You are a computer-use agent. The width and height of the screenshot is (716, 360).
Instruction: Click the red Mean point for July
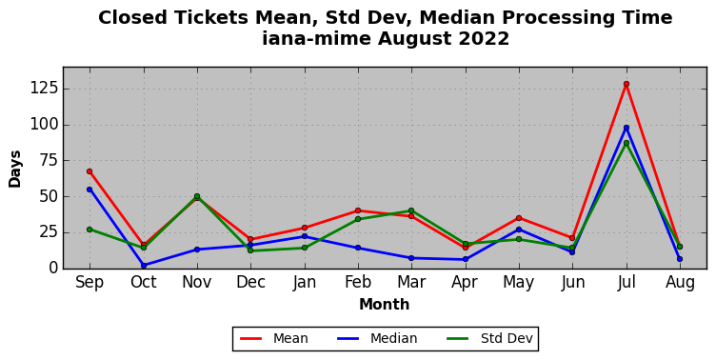[626, 84]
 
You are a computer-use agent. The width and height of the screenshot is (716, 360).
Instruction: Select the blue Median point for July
[626, 128]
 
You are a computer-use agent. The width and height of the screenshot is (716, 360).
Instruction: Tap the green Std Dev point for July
[626, 143]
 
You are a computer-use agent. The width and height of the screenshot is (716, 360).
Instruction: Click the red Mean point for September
[89, 171]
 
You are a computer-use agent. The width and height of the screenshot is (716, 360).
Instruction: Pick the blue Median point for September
[89, 190]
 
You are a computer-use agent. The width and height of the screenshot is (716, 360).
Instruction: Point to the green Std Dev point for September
[89, 230]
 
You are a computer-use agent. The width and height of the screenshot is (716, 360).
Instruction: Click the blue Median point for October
[144, 266]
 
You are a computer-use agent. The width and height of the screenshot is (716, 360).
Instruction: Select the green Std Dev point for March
[411, 210]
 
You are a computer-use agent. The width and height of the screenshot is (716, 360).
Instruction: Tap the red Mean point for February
[358, 210]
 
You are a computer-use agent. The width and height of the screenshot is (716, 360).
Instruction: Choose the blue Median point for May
[519, 230]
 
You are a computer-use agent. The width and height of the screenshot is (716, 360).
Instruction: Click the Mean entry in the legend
[274, 338]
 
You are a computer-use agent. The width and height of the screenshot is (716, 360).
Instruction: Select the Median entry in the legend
[377, 338]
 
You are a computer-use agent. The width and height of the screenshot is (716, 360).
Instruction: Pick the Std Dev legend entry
[489, 338]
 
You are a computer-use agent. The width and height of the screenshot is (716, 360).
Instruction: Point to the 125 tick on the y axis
[44, 88]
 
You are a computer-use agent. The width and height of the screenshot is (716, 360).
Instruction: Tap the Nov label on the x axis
[197, 282]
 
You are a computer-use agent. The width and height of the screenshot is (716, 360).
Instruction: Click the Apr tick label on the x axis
[465, 283]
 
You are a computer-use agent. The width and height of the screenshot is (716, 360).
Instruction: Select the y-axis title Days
[14, 169]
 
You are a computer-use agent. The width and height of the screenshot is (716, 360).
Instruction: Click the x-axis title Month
[384, 304]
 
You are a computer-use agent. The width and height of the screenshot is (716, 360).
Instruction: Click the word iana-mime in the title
[316, 38]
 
